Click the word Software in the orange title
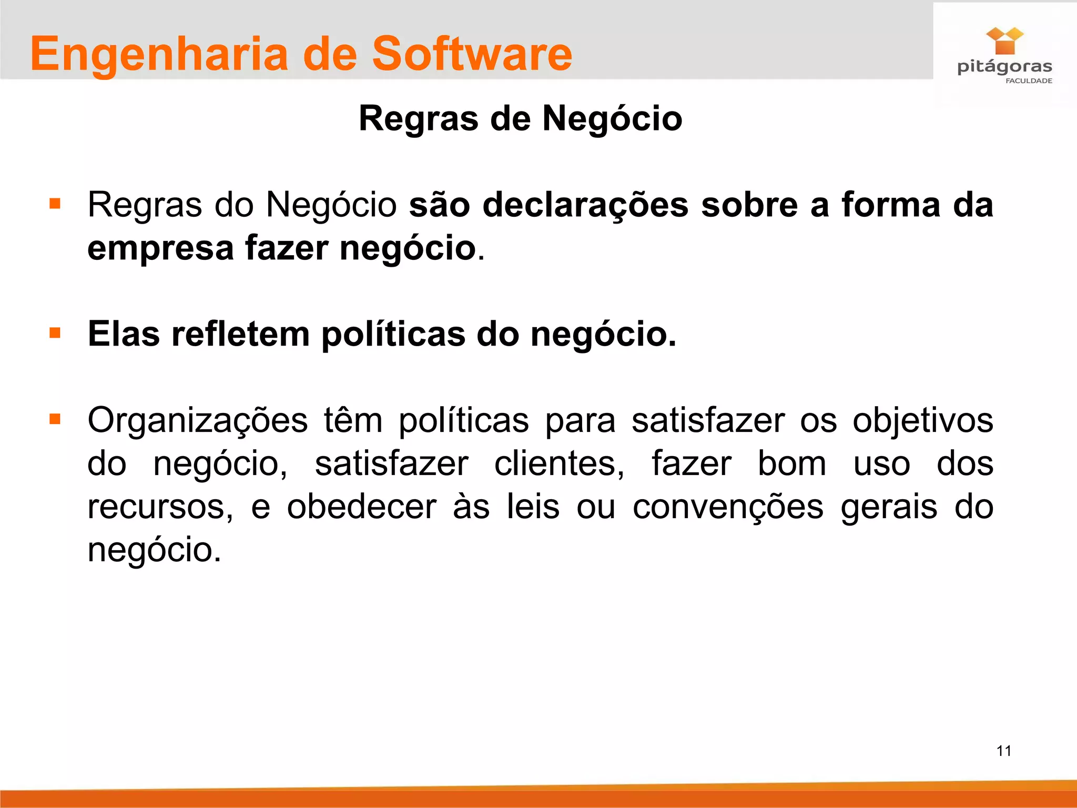click(472, 54)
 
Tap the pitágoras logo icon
click(1004, 41)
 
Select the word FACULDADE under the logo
click(1029, 81)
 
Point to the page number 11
click(1004, 751)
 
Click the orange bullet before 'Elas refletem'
click(55, 333)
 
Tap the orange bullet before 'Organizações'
click(55, 419)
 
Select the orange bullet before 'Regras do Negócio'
click(55, 204)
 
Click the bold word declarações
click(585, 205)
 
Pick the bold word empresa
click(160, 248)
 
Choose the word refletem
click(240, 334)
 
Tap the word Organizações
click(197, 421)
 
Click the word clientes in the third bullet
click(559, 464)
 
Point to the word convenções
click(728, 507)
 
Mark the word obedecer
click(361, 507)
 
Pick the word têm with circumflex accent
click(353, 421)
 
